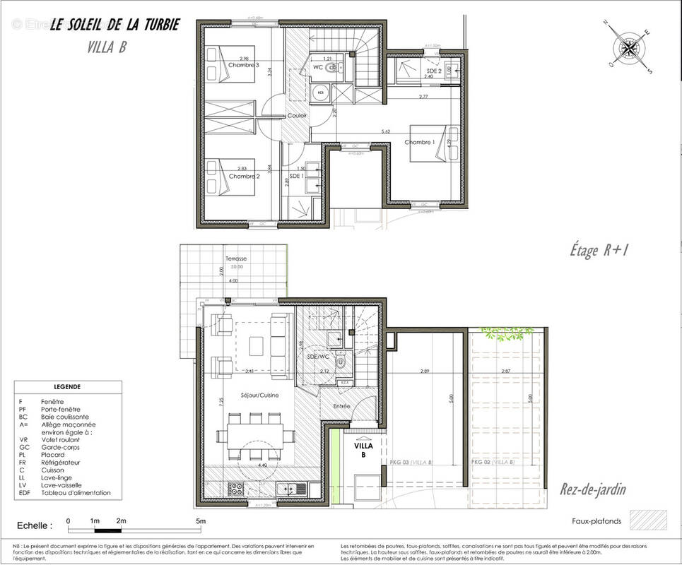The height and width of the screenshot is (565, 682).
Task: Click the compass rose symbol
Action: (629, 48)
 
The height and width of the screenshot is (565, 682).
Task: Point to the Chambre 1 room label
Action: (420, 142)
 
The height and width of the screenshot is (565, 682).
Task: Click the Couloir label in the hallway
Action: (297, 115)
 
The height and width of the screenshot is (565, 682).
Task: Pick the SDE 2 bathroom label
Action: (434, 71)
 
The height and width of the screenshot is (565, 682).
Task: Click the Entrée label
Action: (342, 406)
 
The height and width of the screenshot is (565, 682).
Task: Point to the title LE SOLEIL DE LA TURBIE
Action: (114, 25)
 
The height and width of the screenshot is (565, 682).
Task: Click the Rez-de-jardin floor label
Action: (592, 489)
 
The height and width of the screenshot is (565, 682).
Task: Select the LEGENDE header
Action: (67, 387)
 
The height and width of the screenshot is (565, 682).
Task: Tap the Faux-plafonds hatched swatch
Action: (643, 521)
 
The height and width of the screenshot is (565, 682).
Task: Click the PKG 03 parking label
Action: (411, 461)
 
